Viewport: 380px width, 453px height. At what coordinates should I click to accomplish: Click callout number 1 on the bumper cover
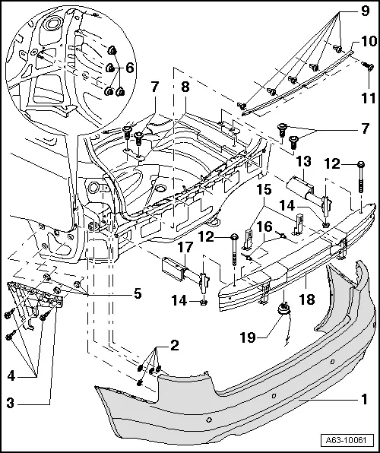(x=364, y=397)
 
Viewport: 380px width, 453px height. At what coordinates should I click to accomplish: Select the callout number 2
(x=174, y=346)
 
